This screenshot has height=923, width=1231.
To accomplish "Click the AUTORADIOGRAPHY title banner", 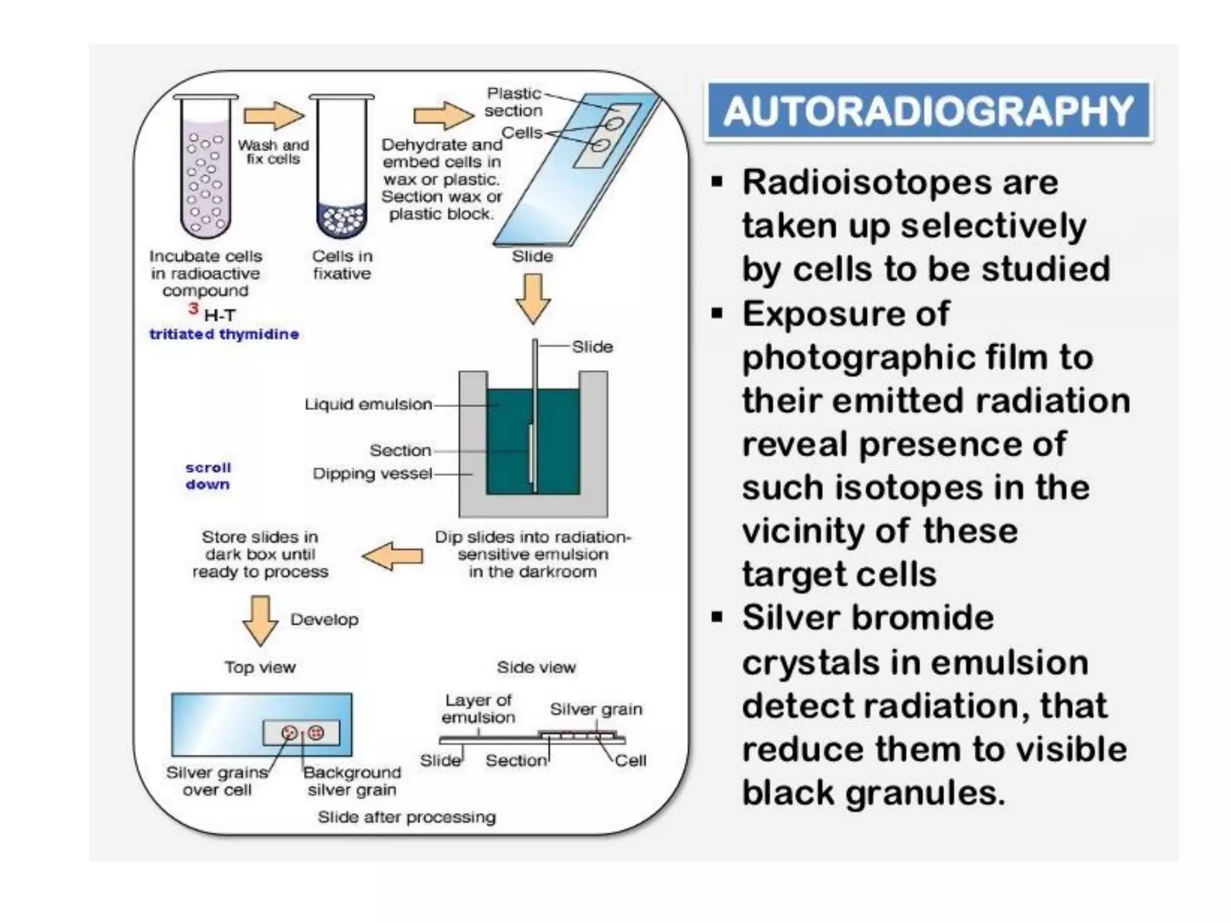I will pyautogui.click(x=928, y=111).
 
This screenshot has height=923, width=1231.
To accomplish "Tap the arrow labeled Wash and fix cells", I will pyautogui.click(x=273, y=116).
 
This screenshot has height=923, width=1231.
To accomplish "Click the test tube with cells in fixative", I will pyautogui.click(x=341, y=168).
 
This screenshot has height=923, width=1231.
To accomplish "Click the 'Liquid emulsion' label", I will pyautogui.click(x=368, y=404).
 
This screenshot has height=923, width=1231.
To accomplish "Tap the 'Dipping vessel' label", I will pyautogui.click(x=372, y=474).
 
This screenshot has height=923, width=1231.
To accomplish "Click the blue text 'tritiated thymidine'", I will pyautogui.click(x=224, y=334).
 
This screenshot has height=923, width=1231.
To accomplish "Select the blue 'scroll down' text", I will pyautogui.click(x=208, y=476).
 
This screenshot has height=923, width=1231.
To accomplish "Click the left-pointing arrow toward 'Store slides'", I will pyautogui.click(x=393, y=556).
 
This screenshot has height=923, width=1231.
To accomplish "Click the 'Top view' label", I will pyautogui.click(x=260, y=667).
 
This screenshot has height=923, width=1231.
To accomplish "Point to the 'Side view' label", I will pyautogui.click(x=536, y=667).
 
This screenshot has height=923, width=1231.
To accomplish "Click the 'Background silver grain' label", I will pyautogui.click(x=352, y=781).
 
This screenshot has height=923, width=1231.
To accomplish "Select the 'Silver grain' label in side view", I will pyautogui.click(x=596, y=709).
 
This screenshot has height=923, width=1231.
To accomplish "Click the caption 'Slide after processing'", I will pyautogui.click(x=407, y=817).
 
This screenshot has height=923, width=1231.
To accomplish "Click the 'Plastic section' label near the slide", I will pyautogui.click(x=514, y=102).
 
